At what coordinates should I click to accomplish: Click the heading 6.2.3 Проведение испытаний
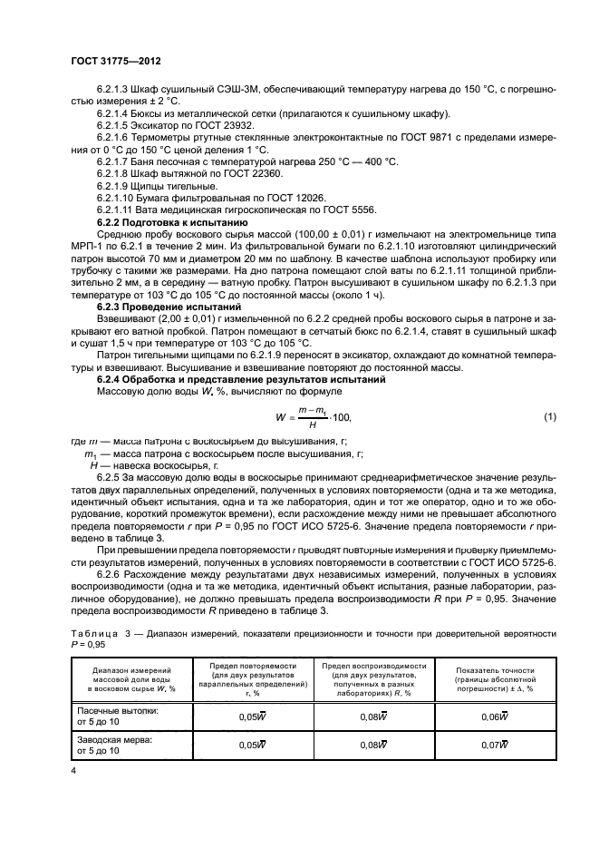coord(162,307)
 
